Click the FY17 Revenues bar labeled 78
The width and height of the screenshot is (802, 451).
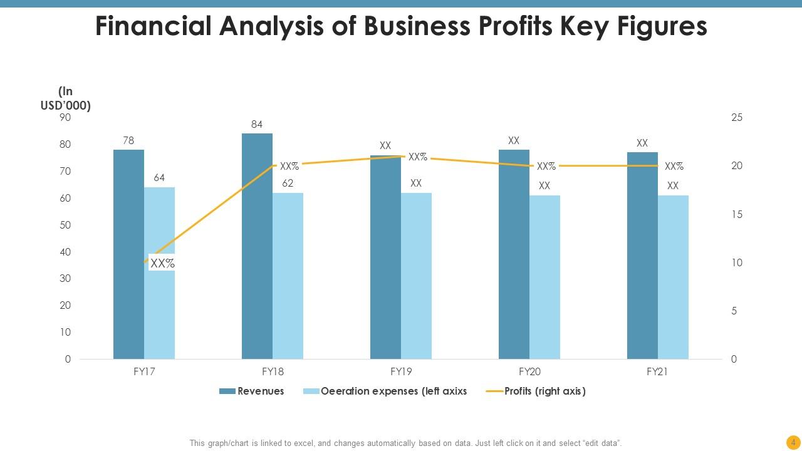coord(128,254)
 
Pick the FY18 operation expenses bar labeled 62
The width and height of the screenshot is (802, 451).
coord(288,276)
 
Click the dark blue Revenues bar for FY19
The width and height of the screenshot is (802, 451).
coord(385,257)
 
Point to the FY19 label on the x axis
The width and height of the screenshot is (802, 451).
coord(401,371)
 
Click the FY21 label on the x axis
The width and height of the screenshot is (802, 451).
coord(657,371)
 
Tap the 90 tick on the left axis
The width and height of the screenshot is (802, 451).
coord(65,118)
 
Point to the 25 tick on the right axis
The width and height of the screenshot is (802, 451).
coord(737,118)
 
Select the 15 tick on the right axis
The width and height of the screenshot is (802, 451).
coord(737,214)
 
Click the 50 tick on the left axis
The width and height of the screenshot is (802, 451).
coord(65,225)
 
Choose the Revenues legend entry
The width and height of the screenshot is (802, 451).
coord(252,391)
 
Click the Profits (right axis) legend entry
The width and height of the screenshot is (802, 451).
coord(536,391)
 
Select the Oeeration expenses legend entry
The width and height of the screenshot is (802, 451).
coord(385,391)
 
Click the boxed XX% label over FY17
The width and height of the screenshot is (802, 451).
coord(162,264)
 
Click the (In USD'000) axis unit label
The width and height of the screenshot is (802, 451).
coord(66,98)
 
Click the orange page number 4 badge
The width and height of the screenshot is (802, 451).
coord(793,442)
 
